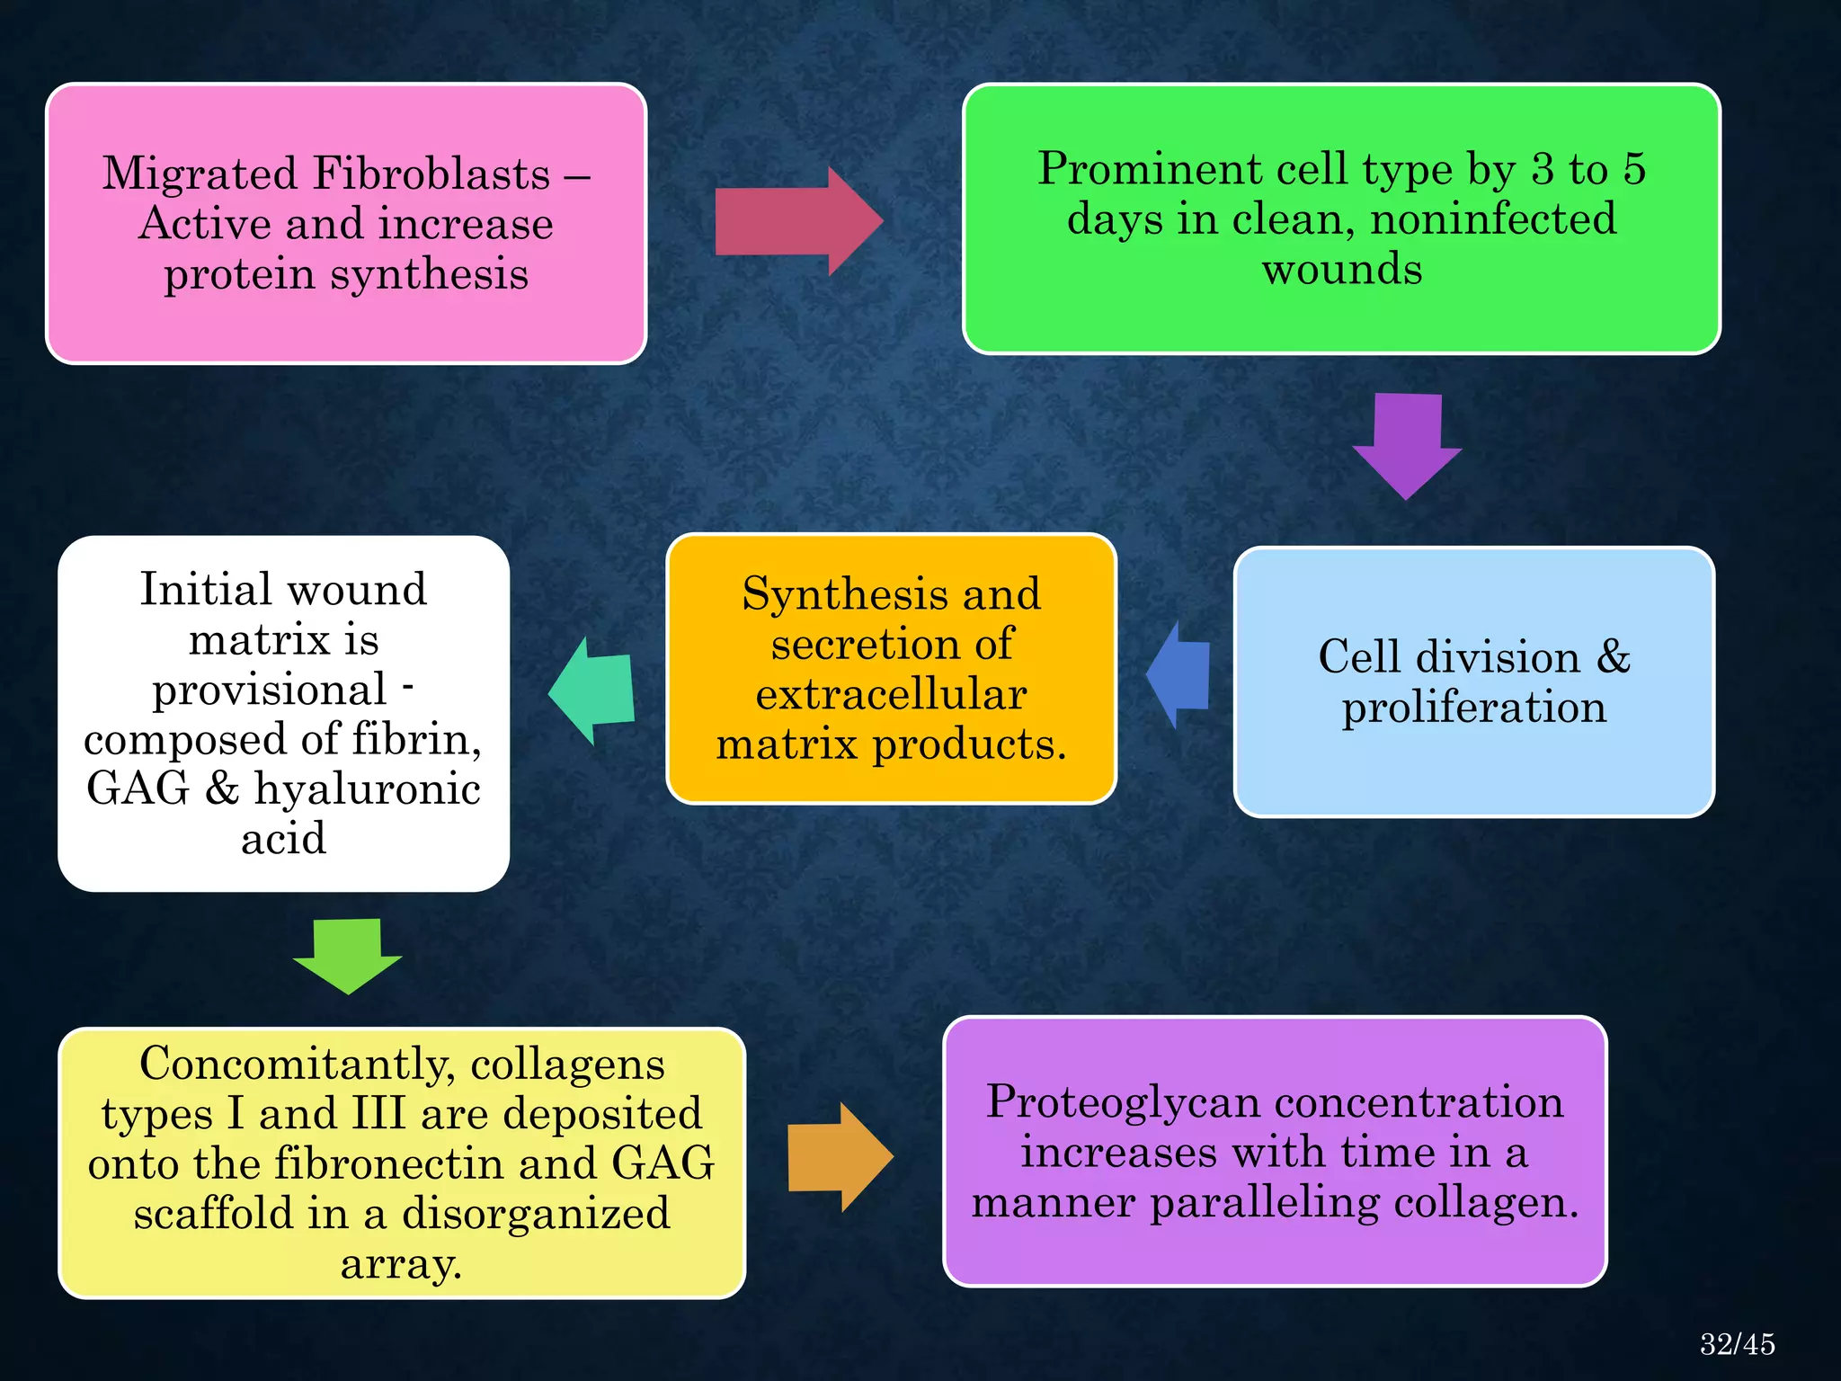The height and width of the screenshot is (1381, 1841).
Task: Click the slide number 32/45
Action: (x=1737, y=1344)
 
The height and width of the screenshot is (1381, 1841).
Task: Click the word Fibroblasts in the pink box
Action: (x=431, y=174)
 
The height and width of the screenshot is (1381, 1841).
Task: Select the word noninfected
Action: (x=1493, y=219)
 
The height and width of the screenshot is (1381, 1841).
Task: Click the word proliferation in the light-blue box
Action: (x=1474, y=708)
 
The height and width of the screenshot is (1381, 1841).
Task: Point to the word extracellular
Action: (x=891, y=695)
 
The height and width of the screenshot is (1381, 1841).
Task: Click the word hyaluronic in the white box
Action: (x=367, y=789)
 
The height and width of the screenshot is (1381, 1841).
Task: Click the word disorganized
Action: (x=536, y=1215)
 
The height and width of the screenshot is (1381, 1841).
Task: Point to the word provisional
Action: (x=269, y=690)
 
